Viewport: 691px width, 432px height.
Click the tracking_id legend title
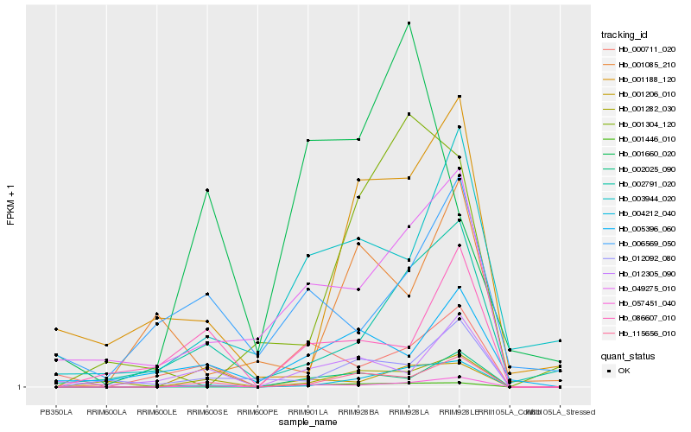tap(624, 35)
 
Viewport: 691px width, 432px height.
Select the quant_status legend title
tap(628, 355)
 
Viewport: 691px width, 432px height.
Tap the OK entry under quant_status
tap(624, 371)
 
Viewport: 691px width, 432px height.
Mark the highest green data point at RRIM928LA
tap(409, 23)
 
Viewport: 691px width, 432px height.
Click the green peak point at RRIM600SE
tap(207, 190)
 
